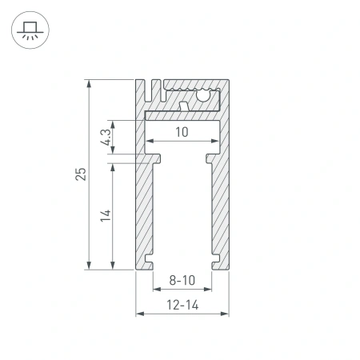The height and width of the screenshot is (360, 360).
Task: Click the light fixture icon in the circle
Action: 29,30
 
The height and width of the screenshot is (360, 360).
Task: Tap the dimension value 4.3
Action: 105,137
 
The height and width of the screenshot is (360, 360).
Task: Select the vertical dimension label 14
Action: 105,214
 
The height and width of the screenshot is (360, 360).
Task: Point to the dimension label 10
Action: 182,133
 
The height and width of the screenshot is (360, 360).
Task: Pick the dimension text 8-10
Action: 182,281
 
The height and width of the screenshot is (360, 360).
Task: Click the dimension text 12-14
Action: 182,304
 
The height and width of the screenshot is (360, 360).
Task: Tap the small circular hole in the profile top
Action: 203,97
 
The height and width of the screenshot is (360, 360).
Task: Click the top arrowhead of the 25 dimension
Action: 88,83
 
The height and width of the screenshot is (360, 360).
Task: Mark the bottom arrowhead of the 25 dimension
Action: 88,266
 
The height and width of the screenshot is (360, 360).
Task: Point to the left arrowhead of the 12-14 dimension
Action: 138,313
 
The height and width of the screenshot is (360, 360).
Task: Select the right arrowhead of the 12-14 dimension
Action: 226,313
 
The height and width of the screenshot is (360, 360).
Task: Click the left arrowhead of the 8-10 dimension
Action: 155,290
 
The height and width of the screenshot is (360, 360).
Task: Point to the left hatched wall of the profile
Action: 142,208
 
